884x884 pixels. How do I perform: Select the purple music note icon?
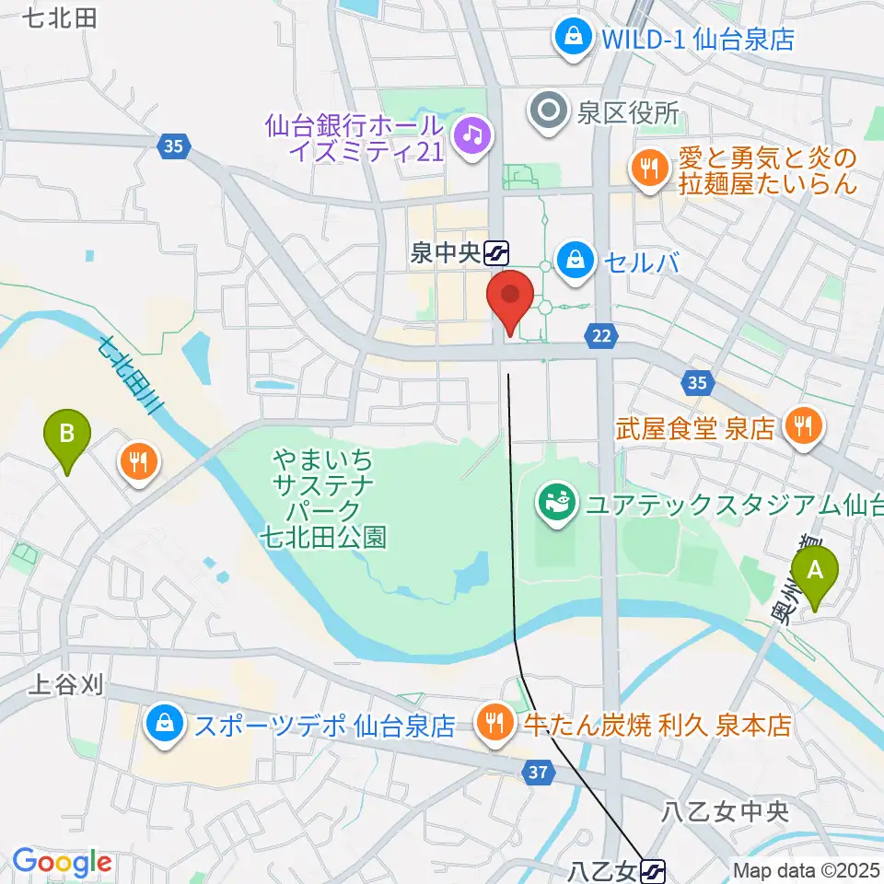coord(471,135)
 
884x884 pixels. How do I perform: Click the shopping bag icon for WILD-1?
coord(573,38)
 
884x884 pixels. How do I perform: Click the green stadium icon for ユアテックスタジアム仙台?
coord(556,504)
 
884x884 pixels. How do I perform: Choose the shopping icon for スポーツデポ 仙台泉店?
coord(163,725)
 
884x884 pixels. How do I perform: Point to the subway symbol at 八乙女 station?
coord(653,868)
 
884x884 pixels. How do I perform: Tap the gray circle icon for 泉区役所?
coord(550,113)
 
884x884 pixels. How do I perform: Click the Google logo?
coord(62,862)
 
